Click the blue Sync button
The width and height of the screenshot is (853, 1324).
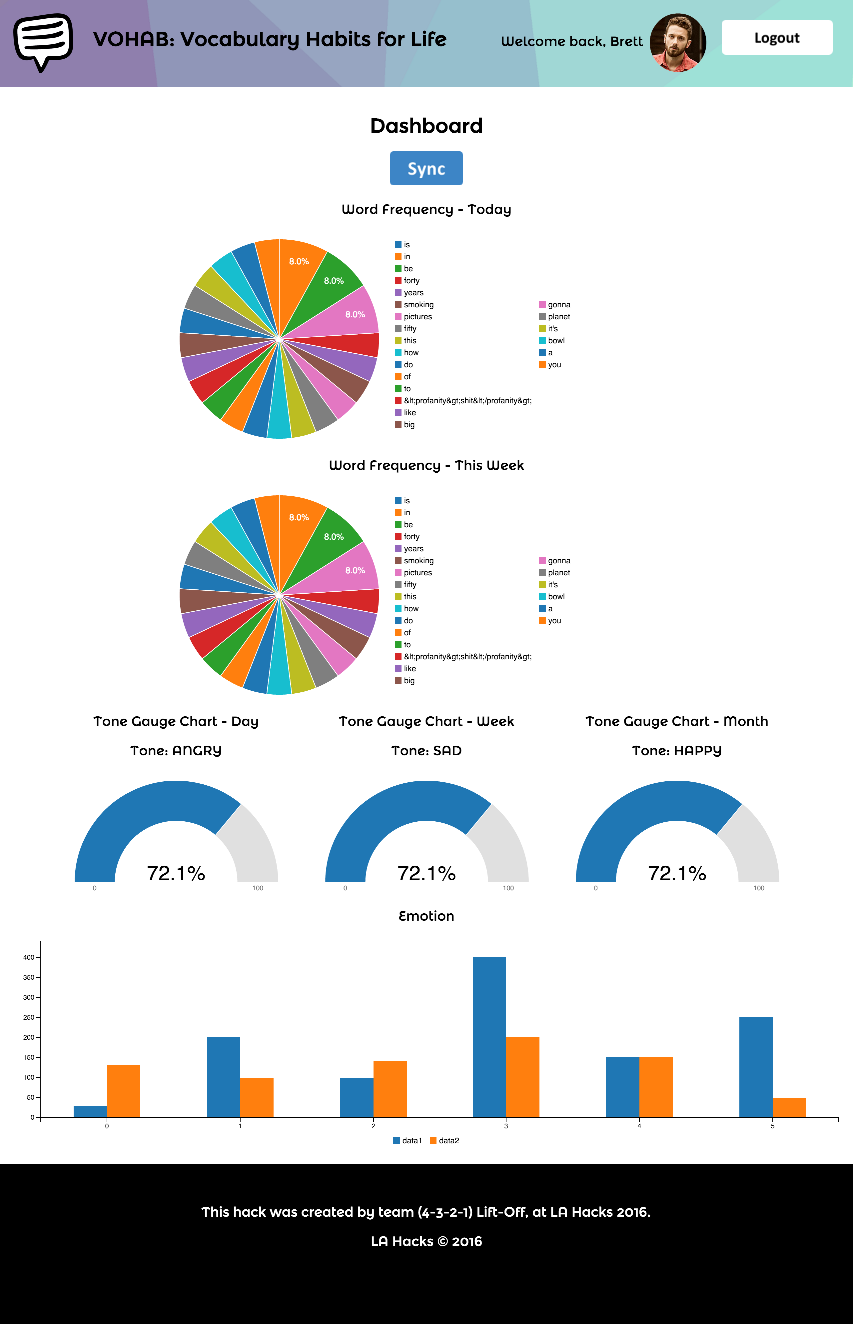tap(426, 168)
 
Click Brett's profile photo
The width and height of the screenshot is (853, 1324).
tap(677, 43)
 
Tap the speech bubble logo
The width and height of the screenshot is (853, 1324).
tap(43, 42)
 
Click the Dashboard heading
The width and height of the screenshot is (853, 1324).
tap(426, 126)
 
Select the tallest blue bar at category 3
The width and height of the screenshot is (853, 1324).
tap(489, 1036)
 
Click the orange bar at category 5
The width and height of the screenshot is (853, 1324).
tap(789, 1107)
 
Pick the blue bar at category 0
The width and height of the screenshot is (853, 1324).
tap(90, 1111)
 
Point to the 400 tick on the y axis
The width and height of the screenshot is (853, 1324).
tap(29, 957)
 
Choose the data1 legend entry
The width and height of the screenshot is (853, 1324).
tap(408, 1141)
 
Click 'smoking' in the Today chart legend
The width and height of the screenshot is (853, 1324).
tap(418, 305)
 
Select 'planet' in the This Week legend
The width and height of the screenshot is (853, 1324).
tap(558, 573)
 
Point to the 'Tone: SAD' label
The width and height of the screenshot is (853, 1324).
tap(426, 751)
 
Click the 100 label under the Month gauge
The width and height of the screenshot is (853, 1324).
tap(758, 888)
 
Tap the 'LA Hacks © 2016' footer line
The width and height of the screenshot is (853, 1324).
tap(426, 1241)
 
